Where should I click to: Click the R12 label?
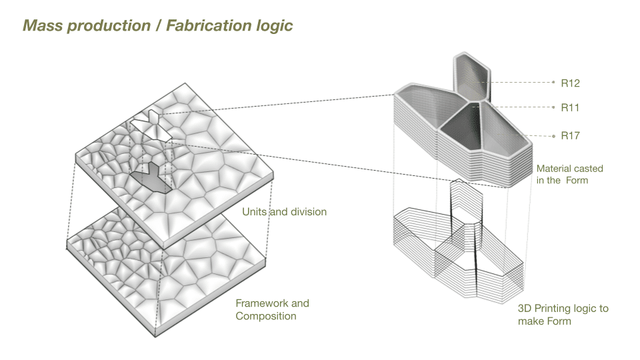(570, 83)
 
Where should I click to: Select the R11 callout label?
(570, 107)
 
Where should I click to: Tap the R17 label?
(570, 136)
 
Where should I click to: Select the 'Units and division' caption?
(283, 212)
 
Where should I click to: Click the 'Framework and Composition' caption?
(272, 309)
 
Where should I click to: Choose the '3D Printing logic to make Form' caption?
(563, 315)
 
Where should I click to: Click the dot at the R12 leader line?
(553, 83)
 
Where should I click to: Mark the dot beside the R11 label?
(553, 107)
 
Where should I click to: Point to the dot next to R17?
(553, 135)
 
